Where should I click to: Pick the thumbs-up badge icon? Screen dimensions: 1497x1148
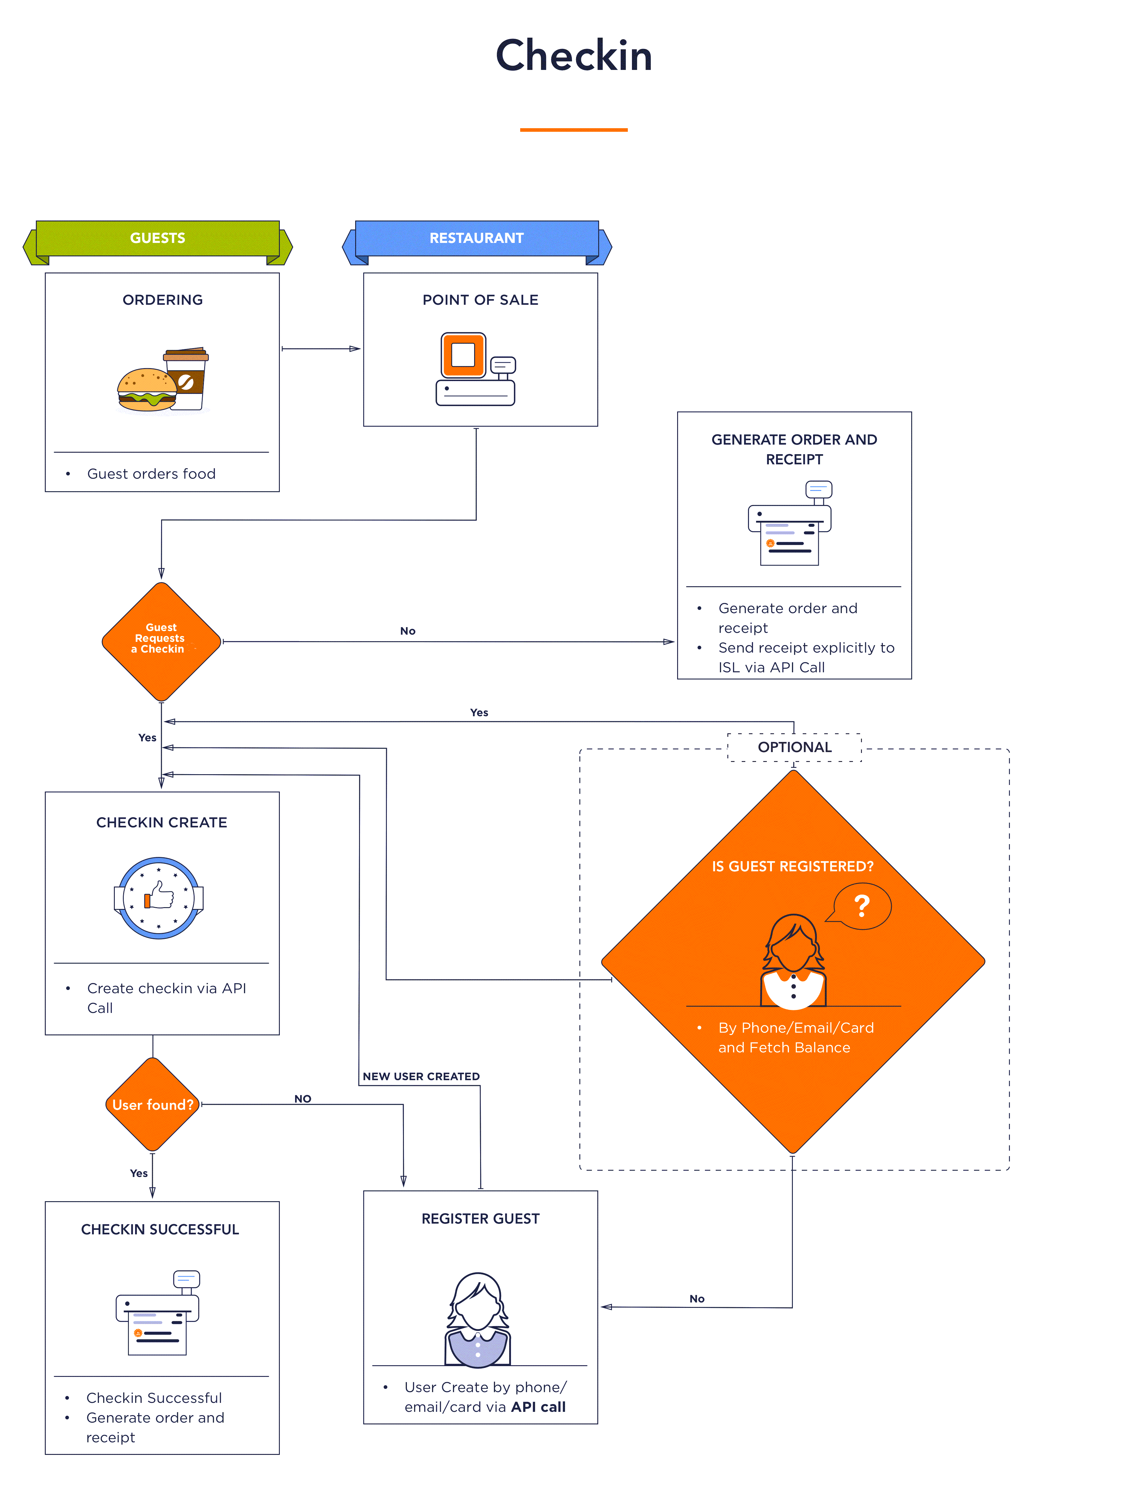click(x=158, y=897)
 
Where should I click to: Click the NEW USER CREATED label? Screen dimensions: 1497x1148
click(x=421, y=1076)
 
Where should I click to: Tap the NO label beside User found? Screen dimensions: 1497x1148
click(x=303, y=1098)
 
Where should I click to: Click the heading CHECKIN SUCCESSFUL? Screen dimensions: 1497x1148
click(x=160, y=1229)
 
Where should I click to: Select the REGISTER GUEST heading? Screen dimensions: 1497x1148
click(x=480, y=1218)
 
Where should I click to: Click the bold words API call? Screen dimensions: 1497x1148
click(x=538, y=1407)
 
